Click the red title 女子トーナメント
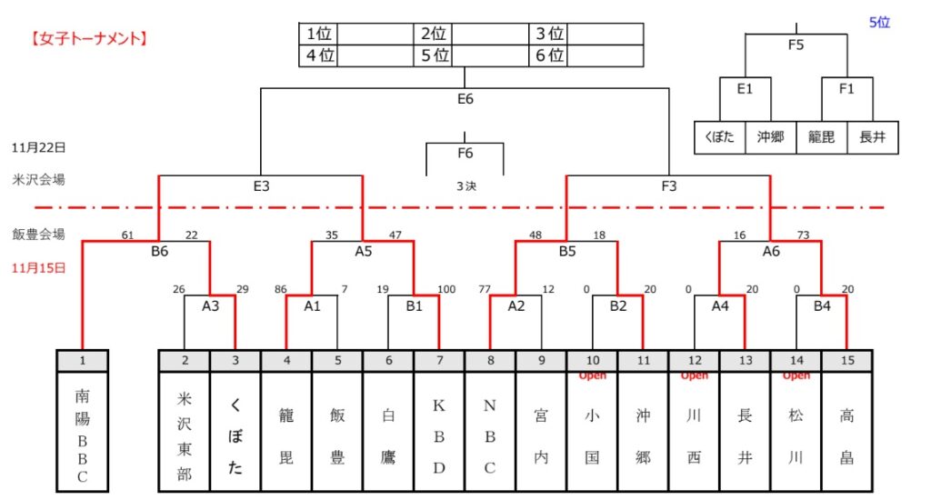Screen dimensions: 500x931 (88, 39)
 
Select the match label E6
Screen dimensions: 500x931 (465, 99)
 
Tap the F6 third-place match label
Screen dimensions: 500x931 (465, 153)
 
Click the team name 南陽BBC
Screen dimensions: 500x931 (82, 436)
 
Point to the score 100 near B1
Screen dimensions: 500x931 (445, 290)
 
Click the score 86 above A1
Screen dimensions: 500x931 (280, 290)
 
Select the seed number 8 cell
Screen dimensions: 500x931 (490, 360)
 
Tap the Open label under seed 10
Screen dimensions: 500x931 (592, 375)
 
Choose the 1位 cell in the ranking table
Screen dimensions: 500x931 (318, 34)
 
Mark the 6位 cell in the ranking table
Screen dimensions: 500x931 (549, 55)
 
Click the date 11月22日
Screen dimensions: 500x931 (39, 147)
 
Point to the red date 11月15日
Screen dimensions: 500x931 (39, 268)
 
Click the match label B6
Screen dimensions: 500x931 (159, 251)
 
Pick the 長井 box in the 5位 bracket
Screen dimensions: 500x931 (872, 138)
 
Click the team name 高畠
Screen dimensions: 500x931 (846, 436)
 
